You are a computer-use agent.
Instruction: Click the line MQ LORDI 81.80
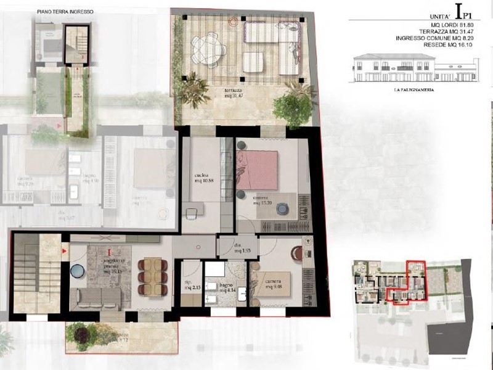(x=446, y=25)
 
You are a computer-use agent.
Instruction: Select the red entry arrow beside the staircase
(x=64, y=252)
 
